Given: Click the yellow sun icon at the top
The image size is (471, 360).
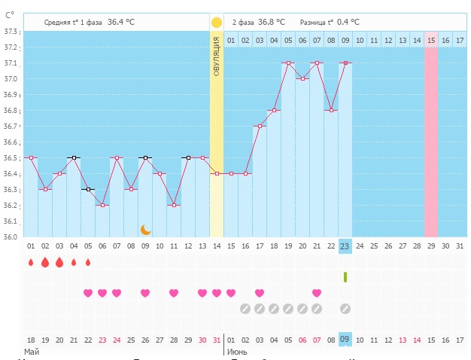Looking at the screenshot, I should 217,23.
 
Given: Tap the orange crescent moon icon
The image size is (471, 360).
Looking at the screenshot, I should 146,229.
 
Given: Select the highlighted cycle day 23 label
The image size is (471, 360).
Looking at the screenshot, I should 345,246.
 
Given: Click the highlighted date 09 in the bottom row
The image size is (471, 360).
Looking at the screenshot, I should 345,340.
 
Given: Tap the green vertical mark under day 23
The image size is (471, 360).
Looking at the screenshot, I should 345,277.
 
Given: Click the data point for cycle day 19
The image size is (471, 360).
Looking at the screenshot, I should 288,63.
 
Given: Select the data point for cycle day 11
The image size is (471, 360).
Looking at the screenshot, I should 175,205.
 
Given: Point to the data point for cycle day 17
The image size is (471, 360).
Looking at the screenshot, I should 260,126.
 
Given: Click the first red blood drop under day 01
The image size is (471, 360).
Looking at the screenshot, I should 31,263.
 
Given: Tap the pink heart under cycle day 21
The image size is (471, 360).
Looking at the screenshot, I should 317,293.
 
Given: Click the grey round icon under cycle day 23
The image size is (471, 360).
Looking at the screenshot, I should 345,308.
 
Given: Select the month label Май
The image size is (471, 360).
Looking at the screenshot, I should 31,352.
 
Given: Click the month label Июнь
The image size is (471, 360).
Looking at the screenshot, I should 238,352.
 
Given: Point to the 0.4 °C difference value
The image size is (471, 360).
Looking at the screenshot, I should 348,23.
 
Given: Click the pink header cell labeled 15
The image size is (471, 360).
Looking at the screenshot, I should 431,39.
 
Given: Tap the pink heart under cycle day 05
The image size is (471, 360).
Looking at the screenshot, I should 88,293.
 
